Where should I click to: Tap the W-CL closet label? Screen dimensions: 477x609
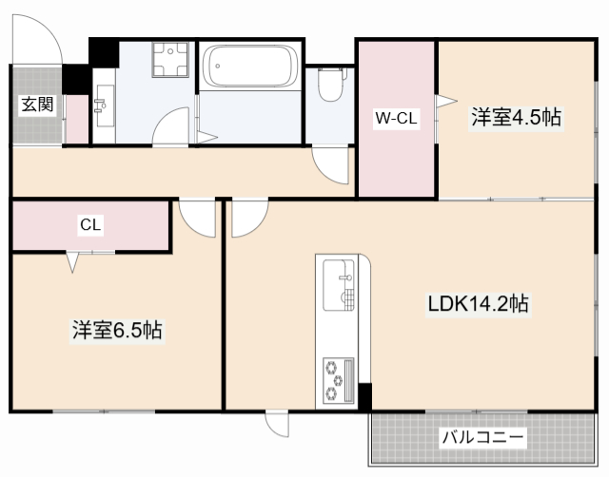pos(396,119)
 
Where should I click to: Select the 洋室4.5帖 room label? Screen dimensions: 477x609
pos(515,118)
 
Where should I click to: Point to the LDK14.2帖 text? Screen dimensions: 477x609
pos(477,304)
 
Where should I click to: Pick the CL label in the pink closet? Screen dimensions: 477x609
pos(91,225)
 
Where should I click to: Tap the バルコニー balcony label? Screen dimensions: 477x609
pos(481,438)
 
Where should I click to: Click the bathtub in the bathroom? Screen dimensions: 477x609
pos(249,67)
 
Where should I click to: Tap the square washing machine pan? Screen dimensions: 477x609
pos(171,60)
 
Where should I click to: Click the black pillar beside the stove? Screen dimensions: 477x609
pos(364,396)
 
